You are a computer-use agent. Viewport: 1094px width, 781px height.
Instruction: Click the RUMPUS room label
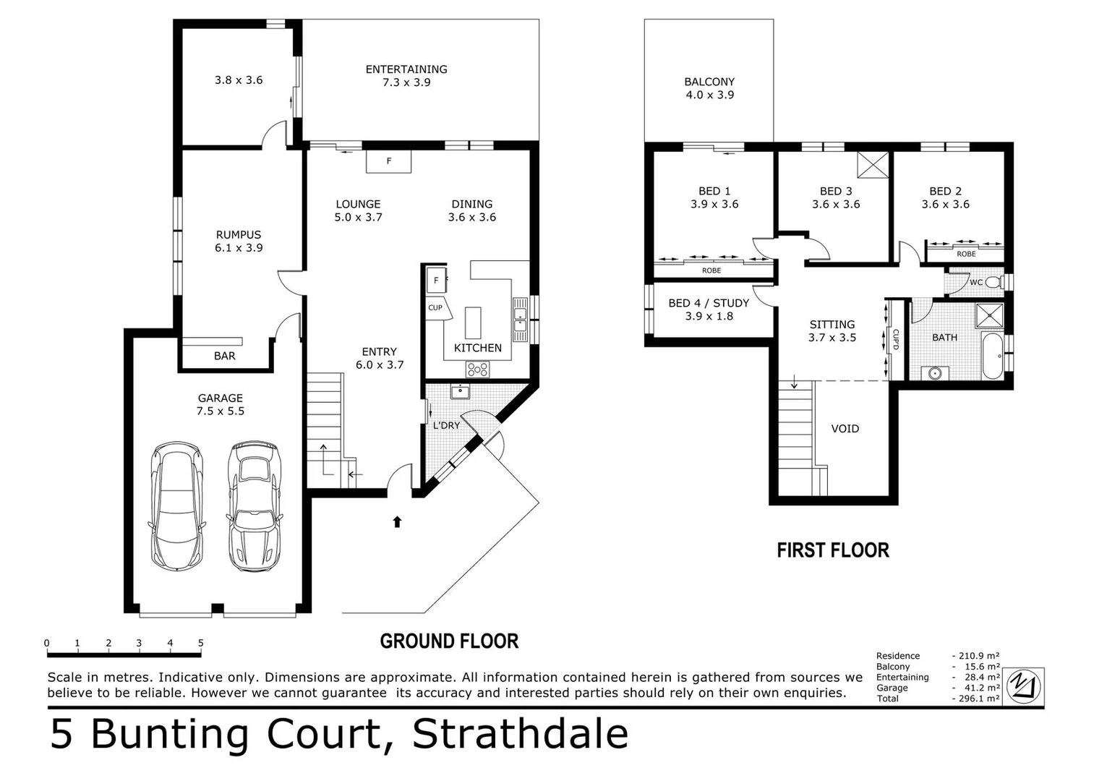[238, 234]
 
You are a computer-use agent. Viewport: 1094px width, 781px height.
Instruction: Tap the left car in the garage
[176, 506]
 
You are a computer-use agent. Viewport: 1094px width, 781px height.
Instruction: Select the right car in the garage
[254, 506]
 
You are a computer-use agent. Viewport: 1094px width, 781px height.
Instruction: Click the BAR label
[224, 356]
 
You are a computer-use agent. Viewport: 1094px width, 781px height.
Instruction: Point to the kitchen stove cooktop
[477, 370]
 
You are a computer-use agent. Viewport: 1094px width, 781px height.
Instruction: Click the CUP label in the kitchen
[435, 307]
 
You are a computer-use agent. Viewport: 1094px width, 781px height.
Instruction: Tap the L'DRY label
[446, 425]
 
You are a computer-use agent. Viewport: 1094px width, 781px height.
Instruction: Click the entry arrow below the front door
[397, 521]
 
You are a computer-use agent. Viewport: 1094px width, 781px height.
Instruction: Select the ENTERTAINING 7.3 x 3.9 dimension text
[406, 82]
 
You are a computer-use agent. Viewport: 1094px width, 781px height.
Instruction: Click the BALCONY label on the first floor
[709, 82]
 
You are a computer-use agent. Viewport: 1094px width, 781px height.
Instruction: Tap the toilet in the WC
[995, 281]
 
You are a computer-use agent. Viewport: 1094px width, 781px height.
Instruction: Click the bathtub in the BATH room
[993, 356]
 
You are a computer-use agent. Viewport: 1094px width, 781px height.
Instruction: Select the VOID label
[845, 429]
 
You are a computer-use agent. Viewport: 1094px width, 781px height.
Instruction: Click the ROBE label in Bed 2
[966, 254]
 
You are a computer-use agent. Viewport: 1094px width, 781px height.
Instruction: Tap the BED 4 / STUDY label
[709, 303]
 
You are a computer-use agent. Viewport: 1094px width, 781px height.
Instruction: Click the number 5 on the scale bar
[201, 643]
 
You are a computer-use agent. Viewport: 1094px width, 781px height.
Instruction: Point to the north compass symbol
[1025, 685]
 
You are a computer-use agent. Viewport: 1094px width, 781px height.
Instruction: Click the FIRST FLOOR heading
[833, 550]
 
